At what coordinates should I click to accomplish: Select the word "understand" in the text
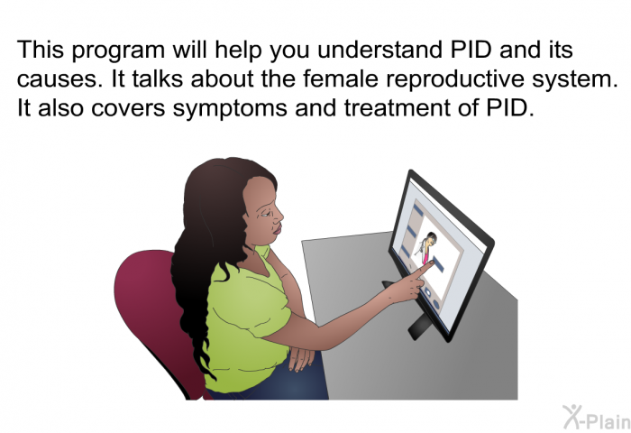(380, 50)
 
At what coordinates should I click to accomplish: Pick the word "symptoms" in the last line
(230, 109)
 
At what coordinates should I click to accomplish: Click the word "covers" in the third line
(128, 109)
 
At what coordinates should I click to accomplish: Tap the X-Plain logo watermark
(596, 418)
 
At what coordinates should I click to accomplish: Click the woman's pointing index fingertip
(431, 263)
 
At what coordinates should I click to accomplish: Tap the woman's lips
(278, 230)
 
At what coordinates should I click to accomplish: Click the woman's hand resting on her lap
(301, 357)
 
